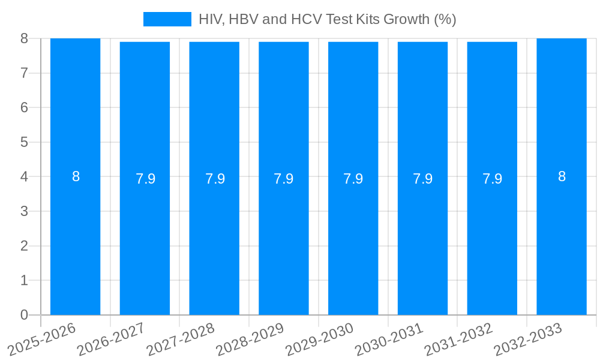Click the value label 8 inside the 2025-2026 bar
76,176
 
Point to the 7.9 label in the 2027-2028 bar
215,179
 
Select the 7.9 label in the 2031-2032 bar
492,179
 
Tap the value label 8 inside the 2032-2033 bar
562,176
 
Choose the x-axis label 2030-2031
389,339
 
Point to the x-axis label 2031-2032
458,339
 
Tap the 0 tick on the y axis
24,315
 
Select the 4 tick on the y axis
24,177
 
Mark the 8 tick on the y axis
24,38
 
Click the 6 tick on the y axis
24,107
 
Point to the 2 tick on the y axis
24,246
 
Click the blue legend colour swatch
167,19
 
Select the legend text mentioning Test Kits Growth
327,19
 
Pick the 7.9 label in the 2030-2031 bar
422,179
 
